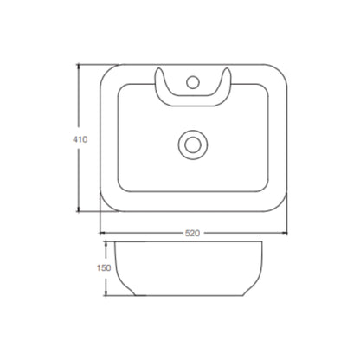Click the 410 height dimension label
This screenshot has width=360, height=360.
[80, 139]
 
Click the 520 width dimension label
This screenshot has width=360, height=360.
[192, 233]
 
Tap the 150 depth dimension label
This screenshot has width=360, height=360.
[104, 268]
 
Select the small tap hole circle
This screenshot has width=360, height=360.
[193, 82]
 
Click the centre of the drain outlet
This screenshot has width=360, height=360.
[193, 145]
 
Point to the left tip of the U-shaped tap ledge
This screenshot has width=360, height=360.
[159, 68]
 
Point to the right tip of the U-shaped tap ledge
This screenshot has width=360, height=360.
[227, 68]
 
